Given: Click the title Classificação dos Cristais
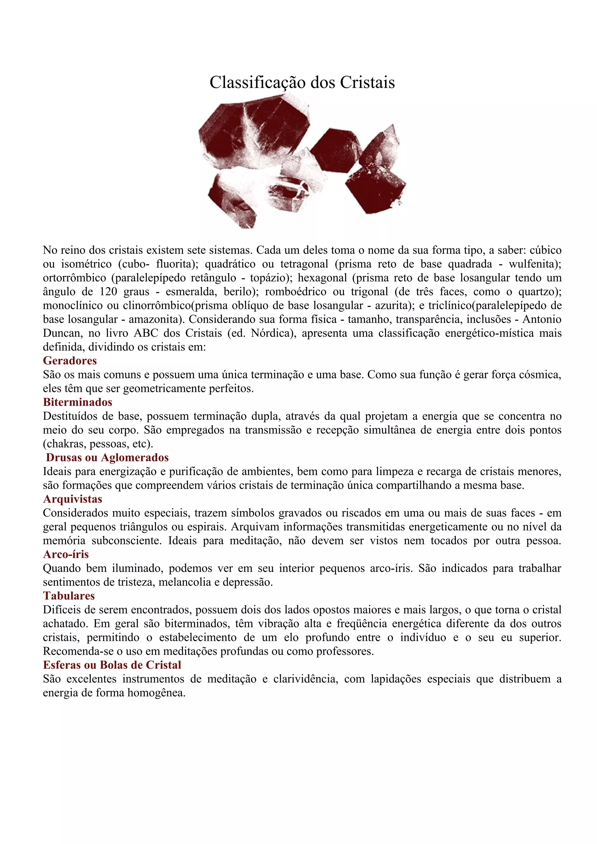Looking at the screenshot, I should [302, 82].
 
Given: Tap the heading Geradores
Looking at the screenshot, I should [70, 361].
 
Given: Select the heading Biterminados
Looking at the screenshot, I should [78, 402].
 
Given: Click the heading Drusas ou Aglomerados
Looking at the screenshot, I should [107, 458].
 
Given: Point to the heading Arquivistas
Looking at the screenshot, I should [73, 499].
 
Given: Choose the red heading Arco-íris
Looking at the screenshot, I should [66, 554].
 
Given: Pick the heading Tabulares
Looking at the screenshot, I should [69, 596].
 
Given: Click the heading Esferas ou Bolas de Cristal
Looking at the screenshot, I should [112, 665].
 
